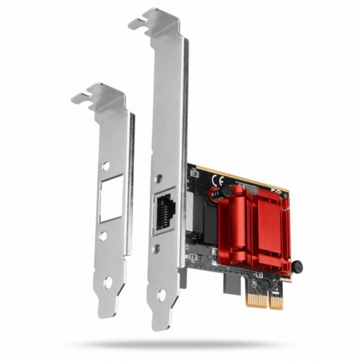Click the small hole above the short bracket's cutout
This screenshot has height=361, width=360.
pyautogui.click(x=106, y=165)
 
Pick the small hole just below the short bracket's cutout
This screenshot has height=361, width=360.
pyautogui.click(x=103, y=237)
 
